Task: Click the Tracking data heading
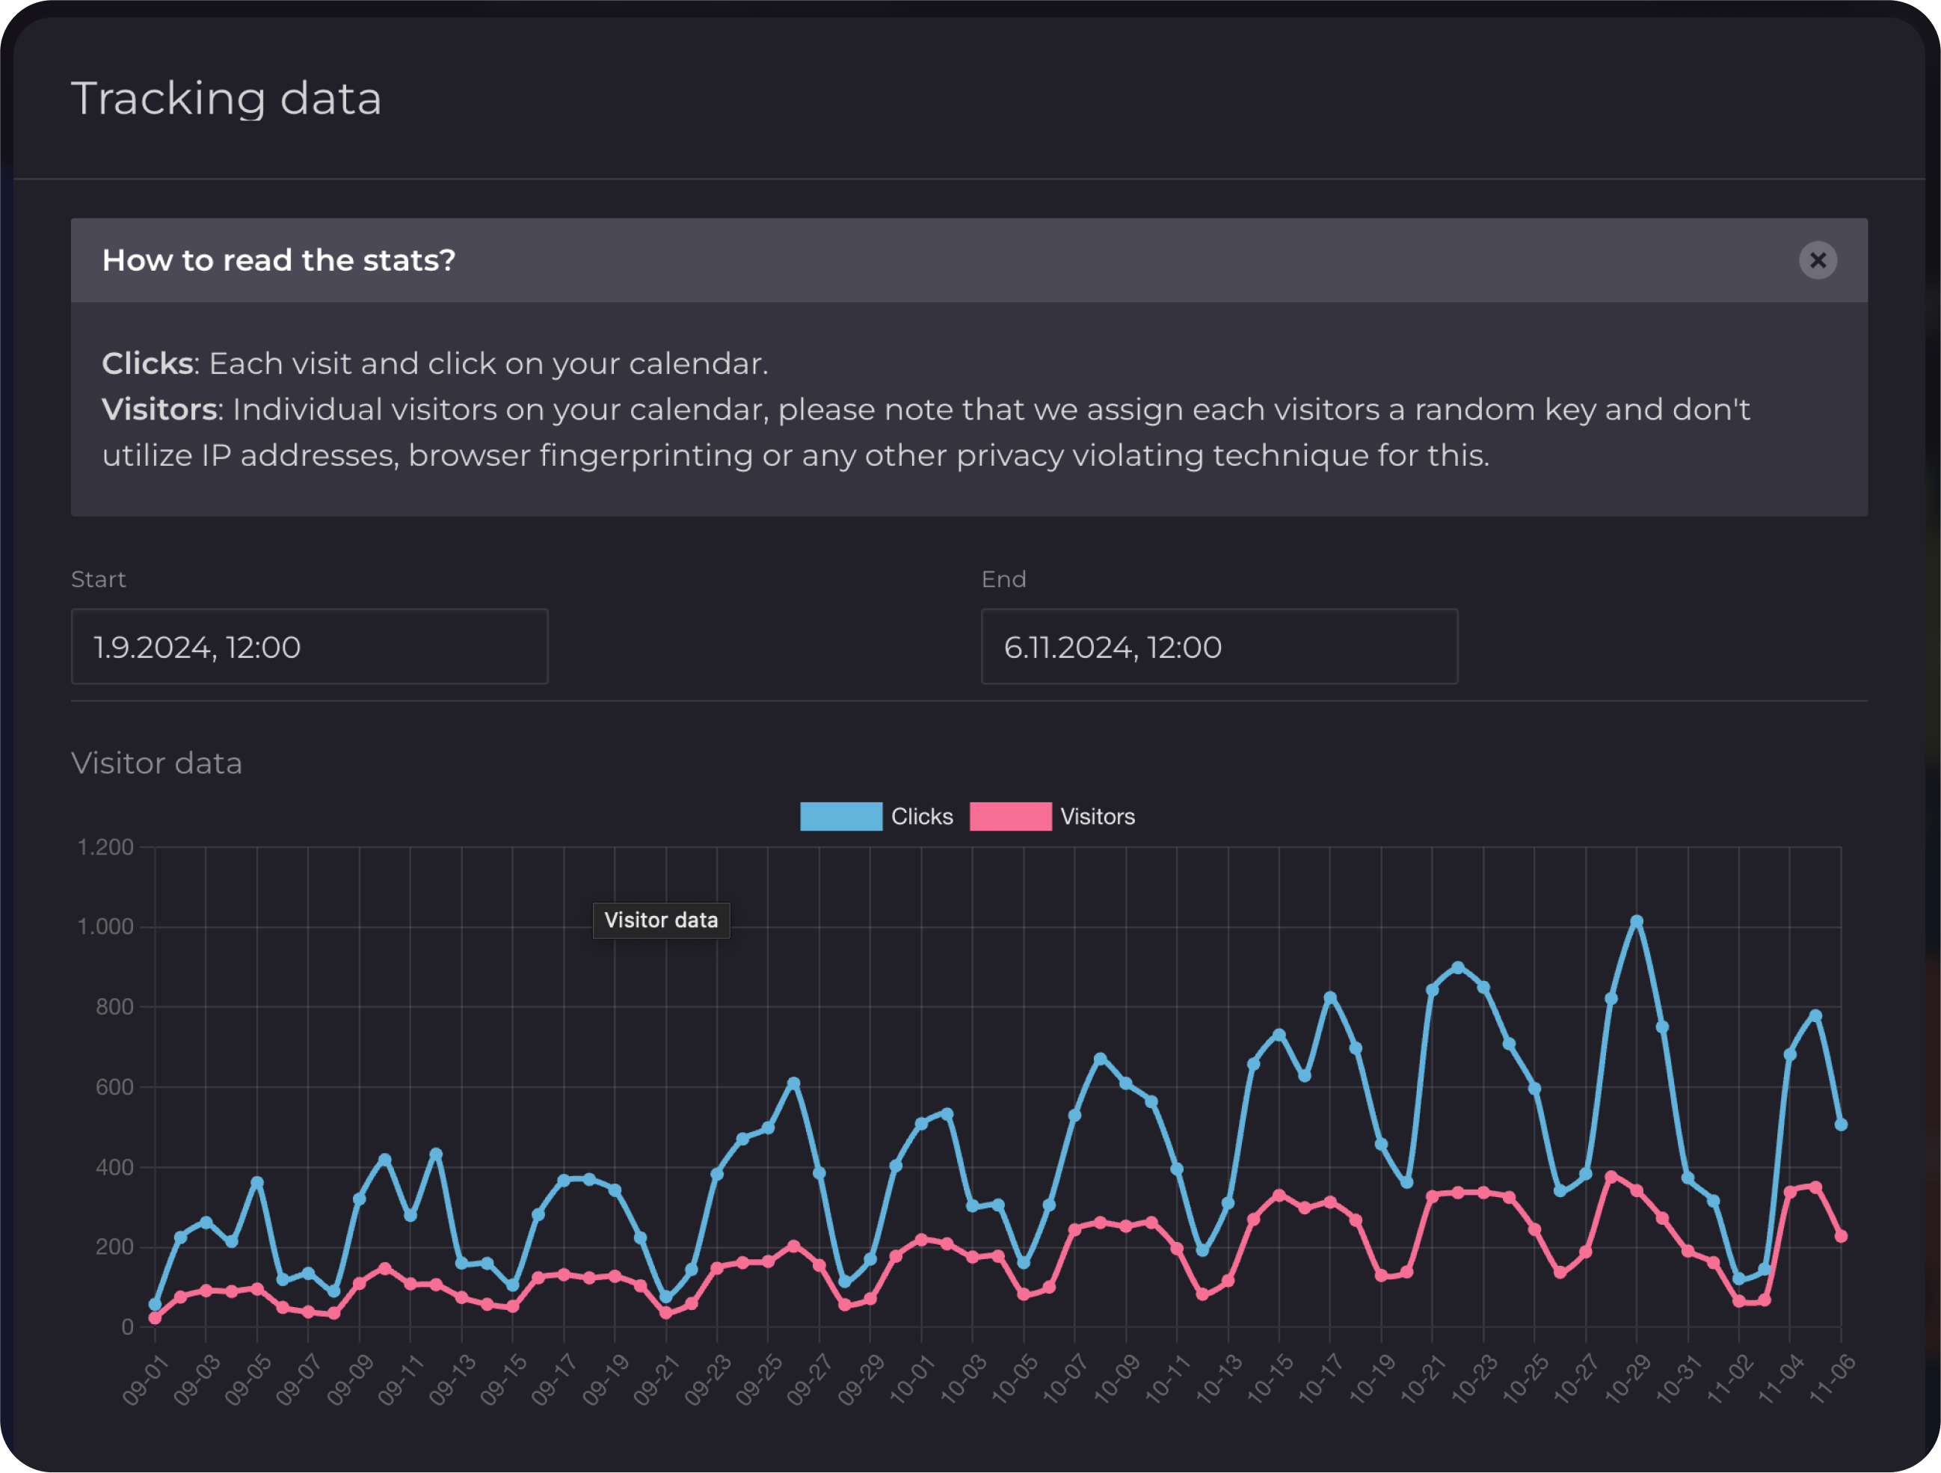coord(226,98)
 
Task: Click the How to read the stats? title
coord(278,260)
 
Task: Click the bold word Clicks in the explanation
coord(147,363)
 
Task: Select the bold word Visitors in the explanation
coord(159,410)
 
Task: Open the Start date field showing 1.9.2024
coord(309,647)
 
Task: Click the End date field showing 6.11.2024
coord(1219,647)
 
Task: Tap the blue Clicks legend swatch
coord(840,817)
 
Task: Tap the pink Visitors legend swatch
coord(1010,817)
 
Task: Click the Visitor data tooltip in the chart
coord(661,920)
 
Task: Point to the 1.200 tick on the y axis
coord(105,847)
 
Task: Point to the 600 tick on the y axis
coord(114,1087)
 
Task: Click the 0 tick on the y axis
coord(127,1327)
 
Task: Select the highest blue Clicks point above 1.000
coord(1637,922)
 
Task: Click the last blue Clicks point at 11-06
coord(1841,1125)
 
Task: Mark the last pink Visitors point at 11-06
coord(1841,1236)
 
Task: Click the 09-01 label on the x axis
coord(145,1380)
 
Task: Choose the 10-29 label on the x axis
coord(1627,1380)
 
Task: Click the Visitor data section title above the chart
coord(156,763)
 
